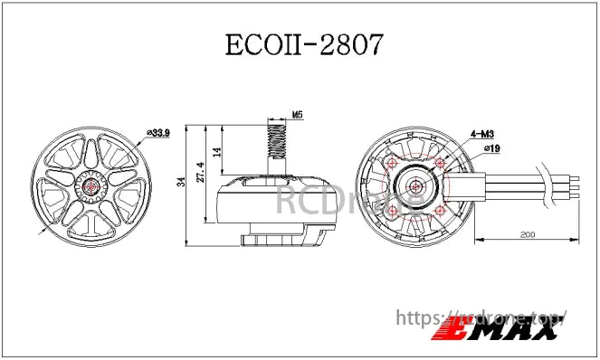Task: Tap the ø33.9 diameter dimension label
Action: (x=158, y=134)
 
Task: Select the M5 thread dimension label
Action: (x=298, y=116)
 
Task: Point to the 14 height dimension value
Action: (x=216, y=152)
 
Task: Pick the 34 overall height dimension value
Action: (x=181, y=184)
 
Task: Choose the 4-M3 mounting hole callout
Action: (x=481, y=133)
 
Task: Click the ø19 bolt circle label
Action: (x=492, y=147)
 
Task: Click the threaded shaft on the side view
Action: (x=278, y=142)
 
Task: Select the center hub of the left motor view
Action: (x=94, y=187)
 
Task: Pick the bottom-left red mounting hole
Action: (x=391, y=211)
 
